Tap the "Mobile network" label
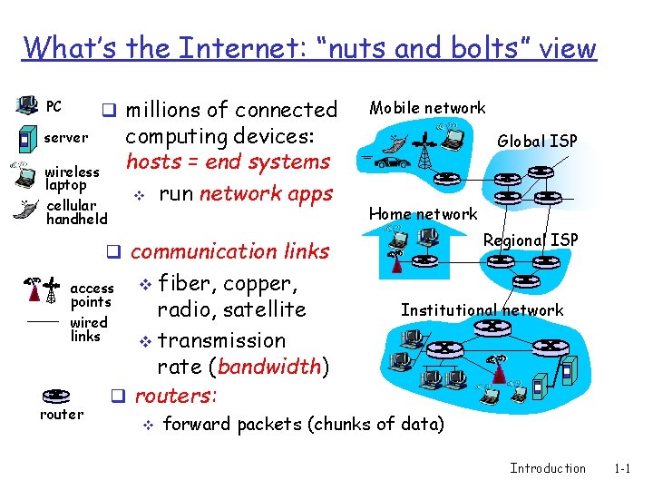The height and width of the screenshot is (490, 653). pyautogui.click(x=426, y=108)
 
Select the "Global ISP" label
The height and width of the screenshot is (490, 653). pyautogui.click(x=537, y=141)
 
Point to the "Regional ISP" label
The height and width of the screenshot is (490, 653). pyautogui.click(x=531, y=240)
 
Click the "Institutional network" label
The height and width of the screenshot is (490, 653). pyautogui.click(x=482, y=310)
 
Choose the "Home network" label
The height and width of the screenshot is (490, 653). pyautogui.click(x=423, y=214)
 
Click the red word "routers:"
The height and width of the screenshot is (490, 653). pyautogui.click(x=175, y=396)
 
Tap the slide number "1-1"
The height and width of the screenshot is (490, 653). pyautogui.click(x=622, y=468)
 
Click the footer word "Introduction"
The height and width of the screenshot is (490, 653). pyautogui.click(x=548, y=468)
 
